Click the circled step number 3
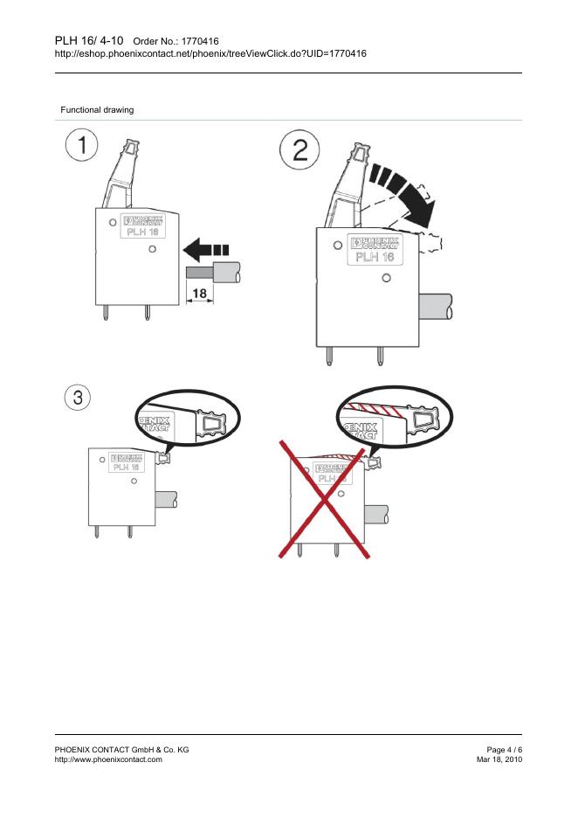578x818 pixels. pyautogui.click(x=78, y=398)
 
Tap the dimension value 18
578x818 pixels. pyautogui.click(x=199, y=294)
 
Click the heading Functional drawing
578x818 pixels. pyautogui.click(x=96, y=109)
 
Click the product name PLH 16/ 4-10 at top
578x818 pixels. pyautogui.click(x=89, y=39)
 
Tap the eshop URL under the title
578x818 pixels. pyautogui.click(x=210, y=53)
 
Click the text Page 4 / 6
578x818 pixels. pyautogui.click(x=504, y=750)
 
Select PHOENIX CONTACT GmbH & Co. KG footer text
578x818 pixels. pyautogui.click(x=121, y=750)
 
